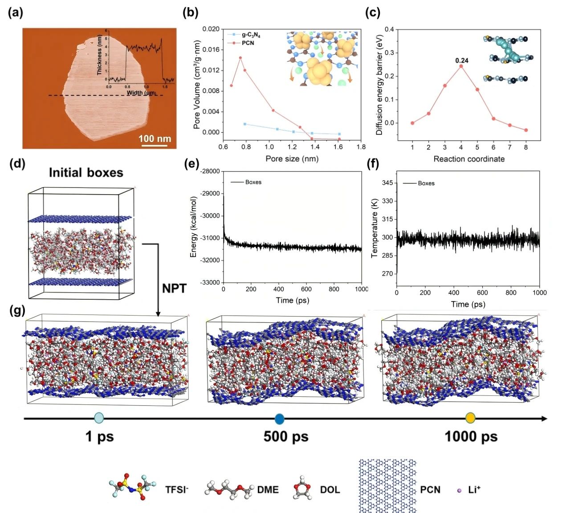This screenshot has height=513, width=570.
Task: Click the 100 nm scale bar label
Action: point(155,138)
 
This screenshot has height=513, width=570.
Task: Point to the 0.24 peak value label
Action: point(462,61)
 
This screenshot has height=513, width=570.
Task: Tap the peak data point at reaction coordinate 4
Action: point(461,66)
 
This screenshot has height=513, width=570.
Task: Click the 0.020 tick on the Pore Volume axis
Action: point(211,29)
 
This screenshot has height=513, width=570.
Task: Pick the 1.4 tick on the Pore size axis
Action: point(315,147)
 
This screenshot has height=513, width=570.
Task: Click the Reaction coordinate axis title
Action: point(469,159)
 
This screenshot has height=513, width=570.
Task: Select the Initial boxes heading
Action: point(86,173)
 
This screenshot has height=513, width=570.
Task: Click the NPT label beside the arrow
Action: point(174,288)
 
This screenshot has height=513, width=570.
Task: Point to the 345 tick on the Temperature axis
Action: point(387,183)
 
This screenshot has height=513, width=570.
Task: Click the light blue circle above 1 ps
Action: point(99,418)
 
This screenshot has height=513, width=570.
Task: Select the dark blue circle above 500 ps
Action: point(280,419)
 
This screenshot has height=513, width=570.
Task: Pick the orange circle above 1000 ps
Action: point(471,418)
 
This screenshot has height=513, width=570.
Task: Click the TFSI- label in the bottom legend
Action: point(177,490)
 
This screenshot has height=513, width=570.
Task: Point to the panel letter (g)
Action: point(17,311)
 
